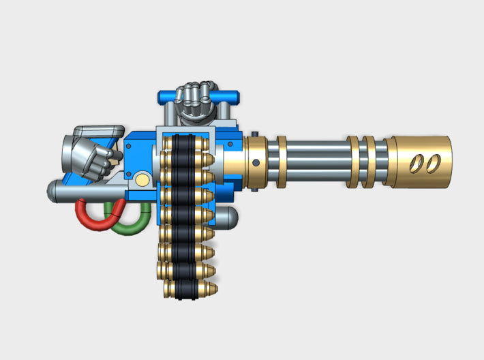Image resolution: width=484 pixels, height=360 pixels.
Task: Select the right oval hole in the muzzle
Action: [x=430, y=163]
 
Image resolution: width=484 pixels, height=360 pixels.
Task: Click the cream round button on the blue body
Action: [x=142, y=179]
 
